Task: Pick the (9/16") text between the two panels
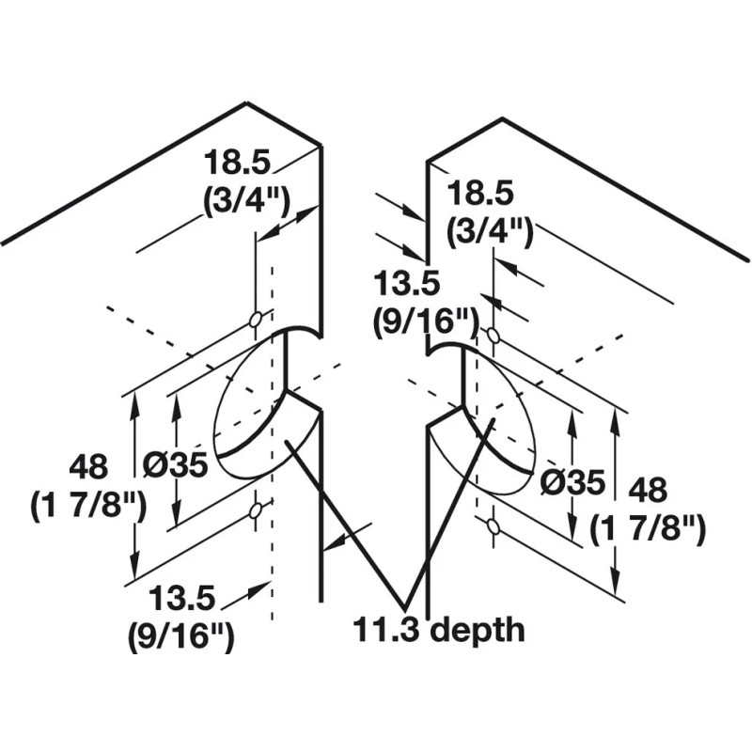(420, 319)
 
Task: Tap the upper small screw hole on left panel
(255, 321)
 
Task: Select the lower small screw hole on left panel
(255, 512)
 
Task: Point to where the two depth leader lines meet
(407, 607)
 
